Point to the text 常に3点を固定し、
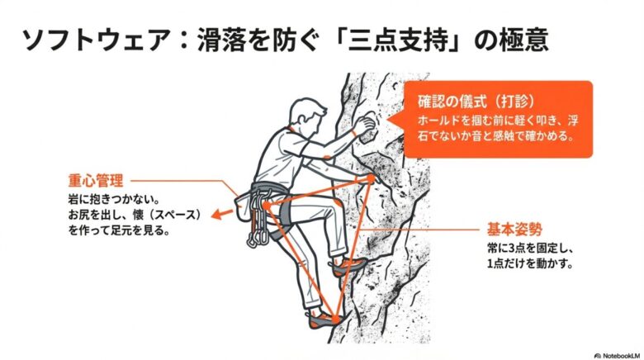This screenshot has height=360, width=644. (x=530, y=248)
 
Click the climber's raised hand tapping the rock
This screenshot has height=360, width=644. (x=363, y=123)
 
